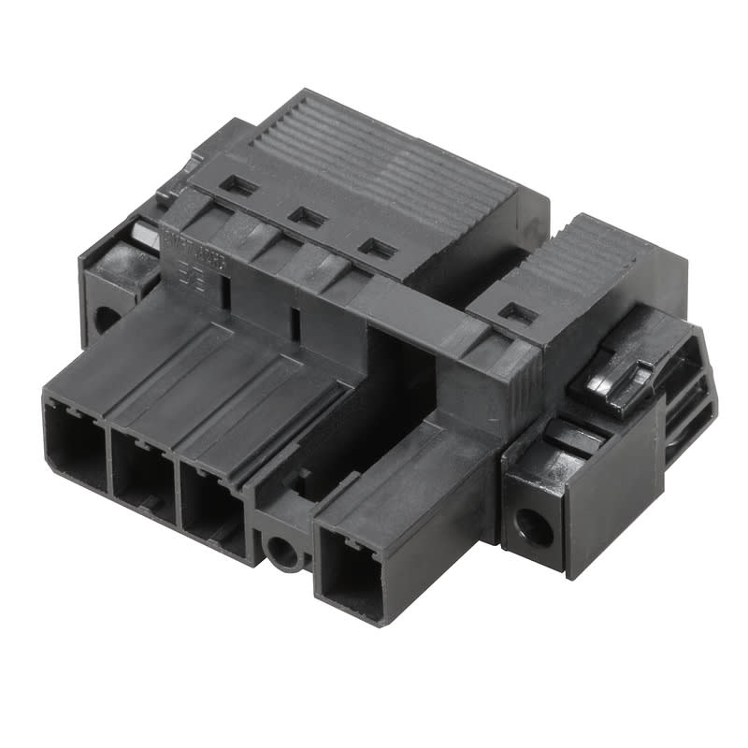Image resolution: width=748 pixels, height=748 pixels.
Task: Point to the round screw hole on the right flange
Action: (536, 526)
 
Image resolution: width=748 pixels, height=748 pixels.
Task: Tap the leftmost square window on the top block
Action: (239, 186)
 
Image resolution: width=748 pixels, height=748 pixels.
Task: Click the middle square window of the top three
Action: (307, 217)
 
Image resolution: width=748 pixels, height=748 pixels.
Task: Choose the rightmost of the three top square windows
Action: (378, 249)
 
